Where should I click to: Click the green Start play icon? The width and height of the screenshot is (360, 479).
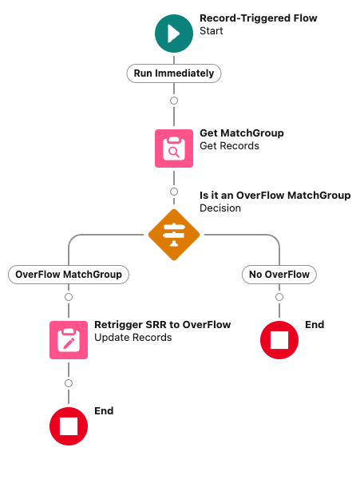click(x=174, y=34)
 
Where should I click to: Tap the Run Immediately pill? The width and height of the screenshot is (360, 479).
click(x=174, y=73)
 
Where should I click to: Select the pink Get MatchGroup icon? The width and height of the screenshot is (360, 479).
click(x=174, y=148)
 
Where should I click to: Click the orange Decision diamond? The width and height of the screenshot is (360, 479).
click(x=174, y=235)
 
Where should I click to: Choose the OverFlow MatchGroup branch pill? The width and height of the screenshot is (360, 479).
click(x=69, y=275)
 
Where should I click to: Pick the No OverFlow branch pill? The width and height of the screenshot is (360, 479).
click(x=279, y=275)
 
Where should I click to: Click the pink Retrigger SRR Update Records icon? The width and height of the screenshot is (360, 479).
click(x=69, y=340)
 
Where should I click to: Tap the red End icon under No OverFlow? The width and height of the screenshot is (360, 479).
click(x=279, y=340)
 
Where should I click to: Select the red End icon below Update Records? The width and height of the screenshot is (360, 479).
click(x=69, y=426)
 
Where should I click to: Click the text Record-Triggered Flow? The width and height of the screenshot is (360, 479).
click(x=259, y=18)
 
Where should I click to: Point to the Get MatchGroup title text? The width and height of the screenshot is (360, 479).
click(x=242, y=133)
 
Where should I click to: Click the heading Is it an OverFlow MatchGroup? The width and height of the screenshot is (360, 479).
click(x=275, y=196)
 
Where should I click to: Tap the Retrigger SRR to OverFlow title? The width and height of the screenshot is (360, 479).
click(x=163, y=324)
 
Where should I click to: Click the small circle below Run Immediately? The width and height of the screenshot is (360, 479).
click(x=174, y=101)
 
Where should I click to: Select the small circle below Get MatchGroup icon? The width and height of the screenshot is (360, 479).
click(x=174, y=192)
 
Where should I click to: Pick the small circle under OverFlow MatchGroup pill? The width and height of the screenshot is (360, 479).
click(x=69, y=297)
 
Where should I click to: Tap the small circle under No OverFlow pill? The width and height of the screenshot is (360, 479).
click(x=279, y=297)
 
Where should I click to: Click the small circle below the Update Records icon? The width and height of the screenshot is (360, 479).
click(x=69, y=383)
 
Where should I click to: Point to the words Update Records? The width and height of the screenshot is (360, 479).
click(x=133, y=338)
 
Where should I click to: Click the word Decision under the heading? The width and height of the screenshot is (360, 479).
click(x=220, y=208)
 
